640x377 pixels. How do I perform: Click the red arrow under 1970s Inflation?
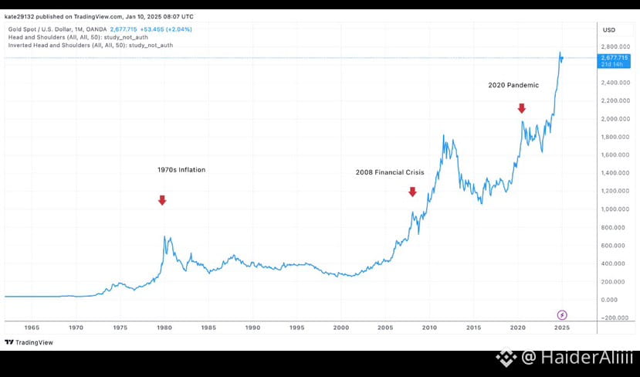(162, 200)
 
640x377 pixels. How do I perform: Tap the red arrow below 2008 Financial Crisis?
(412, 192)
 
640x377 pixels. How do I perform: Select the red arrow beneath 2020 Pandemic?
(522, 107)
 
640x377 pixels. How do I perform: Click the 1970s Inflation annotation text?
(181, 169)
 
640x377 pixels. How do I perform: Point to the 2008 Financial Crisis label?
(390, 172)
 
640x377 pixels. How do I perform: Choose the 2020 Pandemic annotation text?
(513, 85)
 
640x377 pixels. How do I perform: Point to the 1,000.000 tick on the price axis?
(617, 209)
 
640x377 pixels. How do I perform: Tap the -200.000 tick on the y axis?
(616, 318)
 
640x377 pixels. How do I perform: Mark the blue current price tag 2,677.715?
(615, 59)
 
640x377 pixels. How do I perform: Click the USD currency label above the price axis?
(608, 29)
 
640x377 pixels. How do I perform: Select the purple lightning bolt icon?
(562, 314)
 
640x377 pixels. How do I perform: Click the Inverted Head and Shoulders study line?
(90, 45)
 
